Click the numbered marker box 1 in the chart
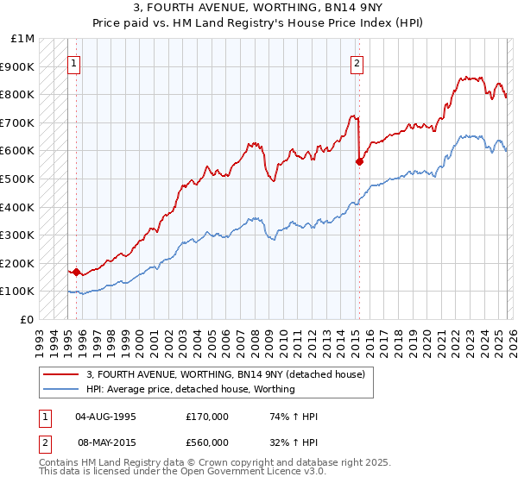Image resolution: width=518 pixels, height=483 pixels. pos(74,62)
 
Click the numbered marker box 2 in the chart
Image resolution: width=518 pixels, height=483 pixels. pos(357,62)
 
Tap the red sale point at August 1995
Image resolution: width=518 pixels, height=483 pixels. pos(76,272)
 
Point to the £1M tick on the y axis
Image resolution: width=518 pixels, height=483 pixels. pos(23,38)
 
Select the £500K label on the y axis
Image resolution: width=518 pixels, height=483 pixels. pos(18,179)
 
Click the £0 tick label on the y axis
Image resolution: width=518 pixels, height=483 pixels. pos(28,319)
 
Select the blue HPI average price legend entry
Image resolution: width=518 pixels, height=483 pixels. pos(190,389)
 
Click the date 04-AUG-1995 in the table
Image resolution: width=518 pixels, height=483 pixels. pos(106,416)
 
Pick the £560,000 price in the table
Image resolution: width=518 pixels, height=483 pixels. pos(206,442)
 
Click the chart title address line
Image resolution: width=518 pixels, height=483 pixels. pos(259,8)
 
